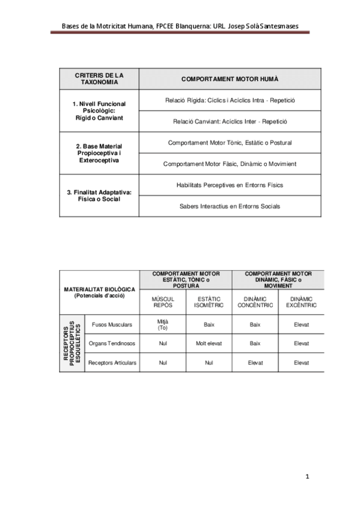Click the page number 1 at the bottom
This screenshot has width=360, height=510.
(x=307, y=477)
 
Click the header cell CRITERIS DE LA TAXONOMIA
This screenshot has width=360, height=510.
(x=99, y=79)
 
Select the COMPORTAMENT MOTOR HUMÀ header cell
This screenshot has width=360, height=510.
(x=230, y=79)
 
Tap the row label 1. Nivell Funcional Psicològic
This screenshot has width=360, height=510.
(x=99, y=111)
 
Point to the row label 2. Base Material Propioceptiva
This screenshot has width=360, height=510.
(x=99, y=153)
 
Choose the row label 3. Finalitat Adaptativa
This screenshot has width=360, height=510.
(x=99, y=195)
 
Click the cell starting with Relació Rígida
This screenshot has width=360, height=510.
(x=230, y=100)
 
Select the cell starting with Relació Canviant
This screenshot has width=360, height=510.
(x=230, y=121)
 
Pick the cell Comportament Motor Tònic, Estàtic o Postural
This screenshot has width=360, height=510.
(x=230, y=143)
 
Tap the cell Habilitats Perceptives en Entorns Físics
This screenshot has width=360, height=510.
(x=230, y=185)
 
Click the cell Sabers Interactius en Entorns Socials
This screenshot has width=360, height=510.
(x=230, y=206)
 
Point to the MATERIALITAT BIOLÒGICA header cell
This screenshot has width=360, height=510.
(x=99, y=292)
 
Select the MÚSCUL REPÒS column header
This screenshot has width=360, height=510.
(x=163, y=302)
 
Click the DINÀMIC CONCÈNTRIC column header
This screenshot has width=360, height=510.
(x=255, y=302)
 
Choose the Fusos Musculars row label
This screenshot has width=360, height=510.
(x=112, y=324)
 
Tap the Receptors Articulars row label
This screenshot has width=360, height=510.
(x=112, y=363)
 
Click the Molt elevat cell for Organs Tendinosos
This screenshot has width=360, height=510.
(x=209, y=343)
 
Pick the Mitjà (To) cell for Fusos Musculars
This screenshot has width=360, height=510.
(x=163, y=324)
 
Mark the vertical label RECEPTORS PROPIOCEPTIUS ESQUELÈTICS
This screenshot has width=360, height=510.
(x=72, y=343)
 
